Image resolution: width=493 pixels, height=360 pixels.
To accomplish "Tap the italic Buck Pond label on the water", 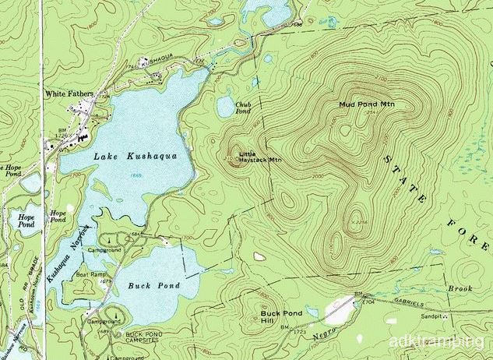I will point(154,286).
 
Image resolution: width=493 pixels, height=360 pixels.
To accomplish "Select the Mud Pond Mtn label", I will point(364,104).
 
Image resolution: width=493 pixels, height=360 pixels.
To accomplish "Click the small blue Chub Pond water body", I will point(225,108).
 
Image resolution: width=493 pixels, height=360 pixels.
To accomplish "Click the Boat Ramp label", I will point(91,274).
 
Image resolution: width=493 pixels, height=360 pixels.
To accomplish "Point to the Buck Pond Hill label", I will point(276,316).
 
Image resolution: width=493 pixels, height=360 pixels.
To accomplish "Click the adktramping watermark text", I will point(446,341).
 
